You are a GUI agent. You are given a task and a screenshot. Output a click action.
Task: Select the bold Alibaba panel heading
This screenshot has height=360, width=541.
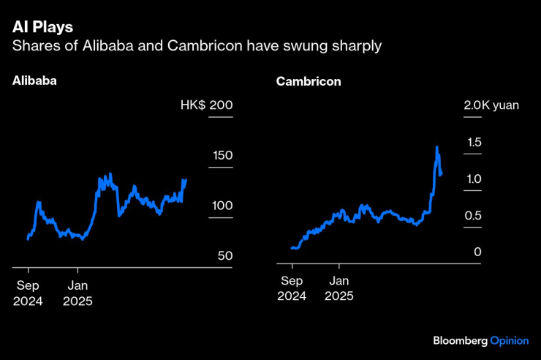(x=34, y=81)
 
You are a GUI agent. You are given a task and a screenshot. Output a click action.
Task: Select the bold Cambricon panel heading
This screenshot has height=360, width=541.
(x=309, y=81)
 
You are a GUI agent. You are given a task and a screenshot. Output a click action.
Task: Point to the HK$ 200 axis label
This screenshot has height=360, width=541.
(x=206, y=105)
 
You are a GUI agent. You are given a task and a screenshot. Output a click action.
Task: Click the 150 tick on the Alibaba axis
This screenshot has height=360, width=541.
(x=222, y=155)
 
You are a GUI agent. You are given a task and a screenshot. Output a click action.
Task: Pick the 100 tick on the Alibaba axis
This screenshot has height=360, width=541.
(x=222, y=206)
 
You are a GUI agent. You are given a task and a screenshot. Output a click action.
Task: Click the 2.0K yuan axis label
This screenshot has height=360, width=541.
(x=491, y=105)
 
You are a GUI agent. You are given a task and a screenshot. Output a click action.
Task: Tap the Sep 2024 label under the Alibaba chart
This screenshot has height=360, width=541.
(x=27, y=292)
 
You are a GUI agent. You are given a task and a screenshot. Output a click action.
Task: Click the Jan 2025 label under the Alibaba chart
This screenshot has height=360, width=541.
(x=77, y=292)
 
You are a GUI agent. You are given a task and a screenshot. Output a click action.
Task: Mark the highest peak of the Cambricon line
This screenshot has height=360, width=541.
(x=437, y=147)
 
